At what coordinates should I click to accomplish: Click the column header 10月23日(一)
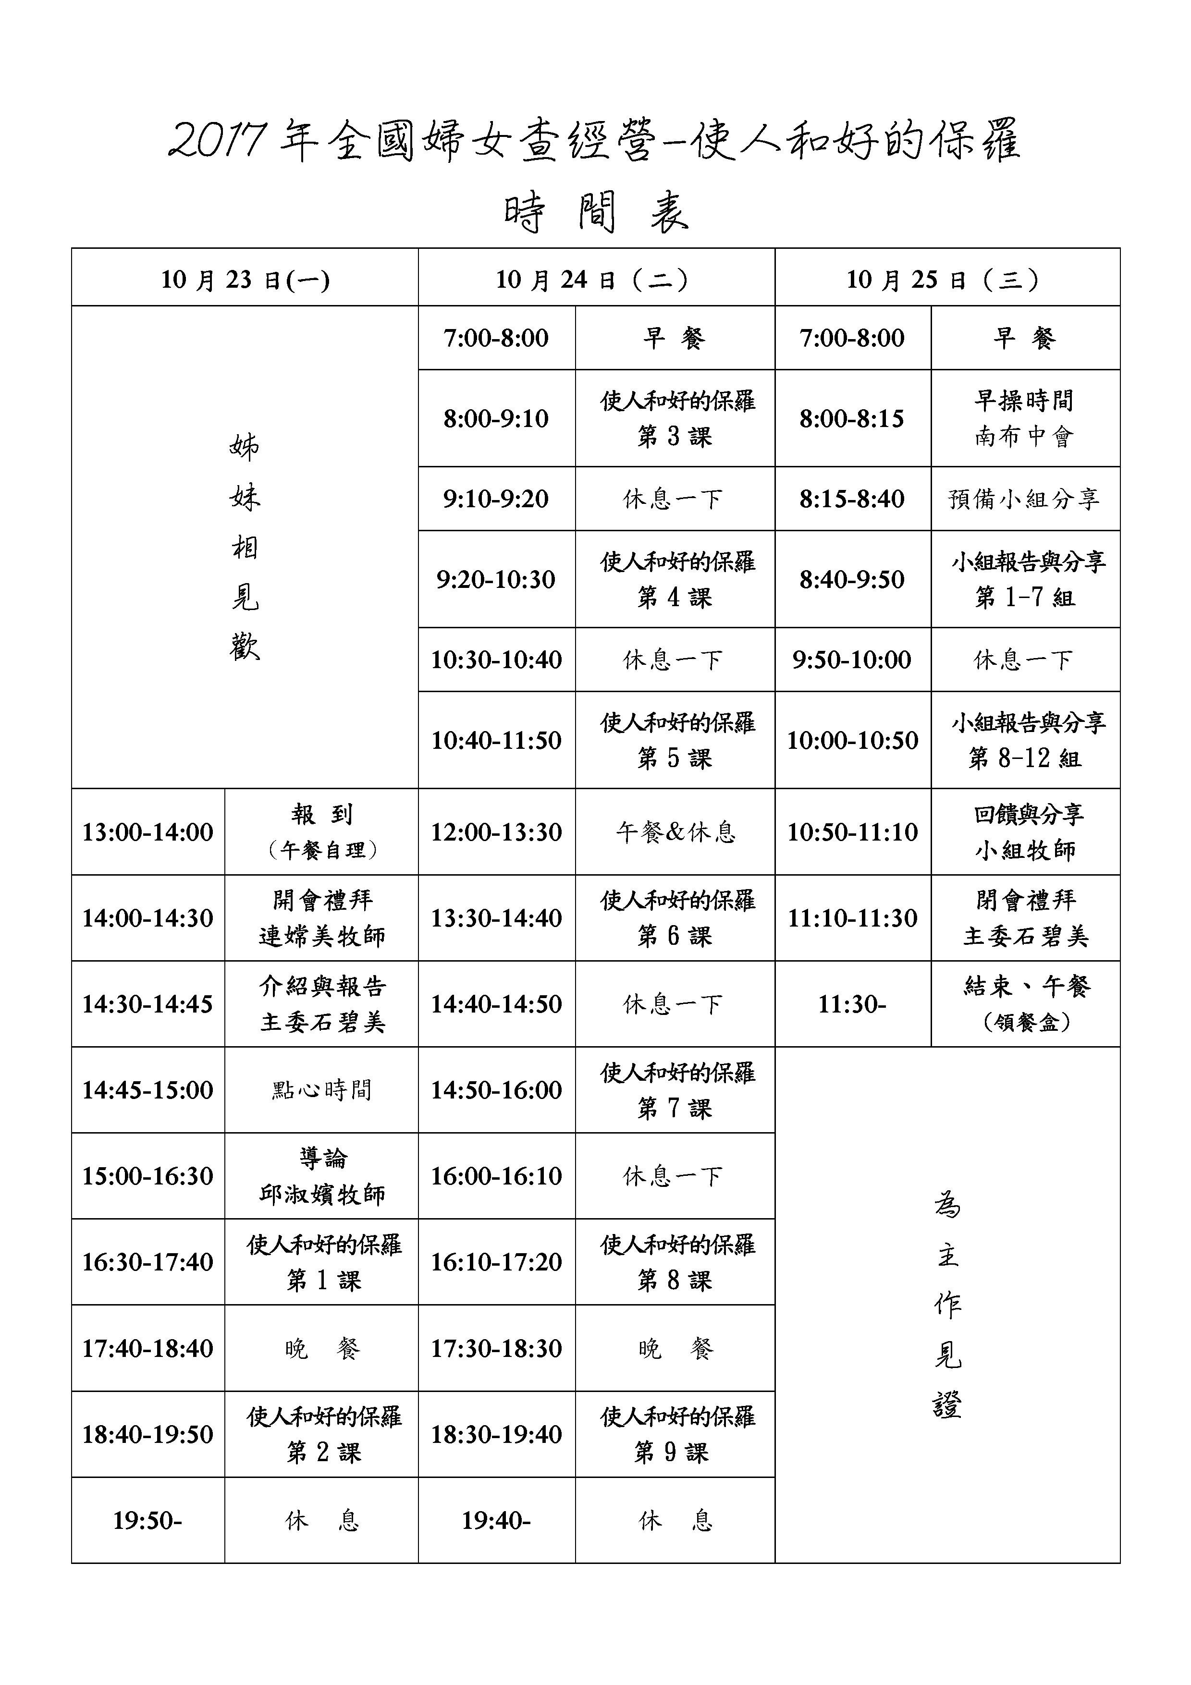click(245, 280)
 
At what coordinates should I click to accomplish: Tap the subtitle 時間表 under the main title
click(596, 213)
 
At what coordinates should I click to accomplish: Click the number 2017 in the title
click(217, 141)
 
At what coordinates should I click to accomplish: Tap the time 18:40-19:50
click(147, 1434)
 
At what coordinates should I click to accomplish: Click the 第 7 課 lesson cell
click(675, 1090)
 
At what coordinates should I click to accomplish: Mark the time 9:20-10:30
click(496, 579)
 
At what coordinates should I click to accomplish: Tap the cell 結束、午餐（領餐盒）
click(1026, 1004)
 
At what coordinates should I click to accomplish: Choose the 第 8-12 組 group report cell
click(1026, 740)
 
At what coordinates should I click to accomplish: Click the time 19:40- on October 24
click(496, 1520)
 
